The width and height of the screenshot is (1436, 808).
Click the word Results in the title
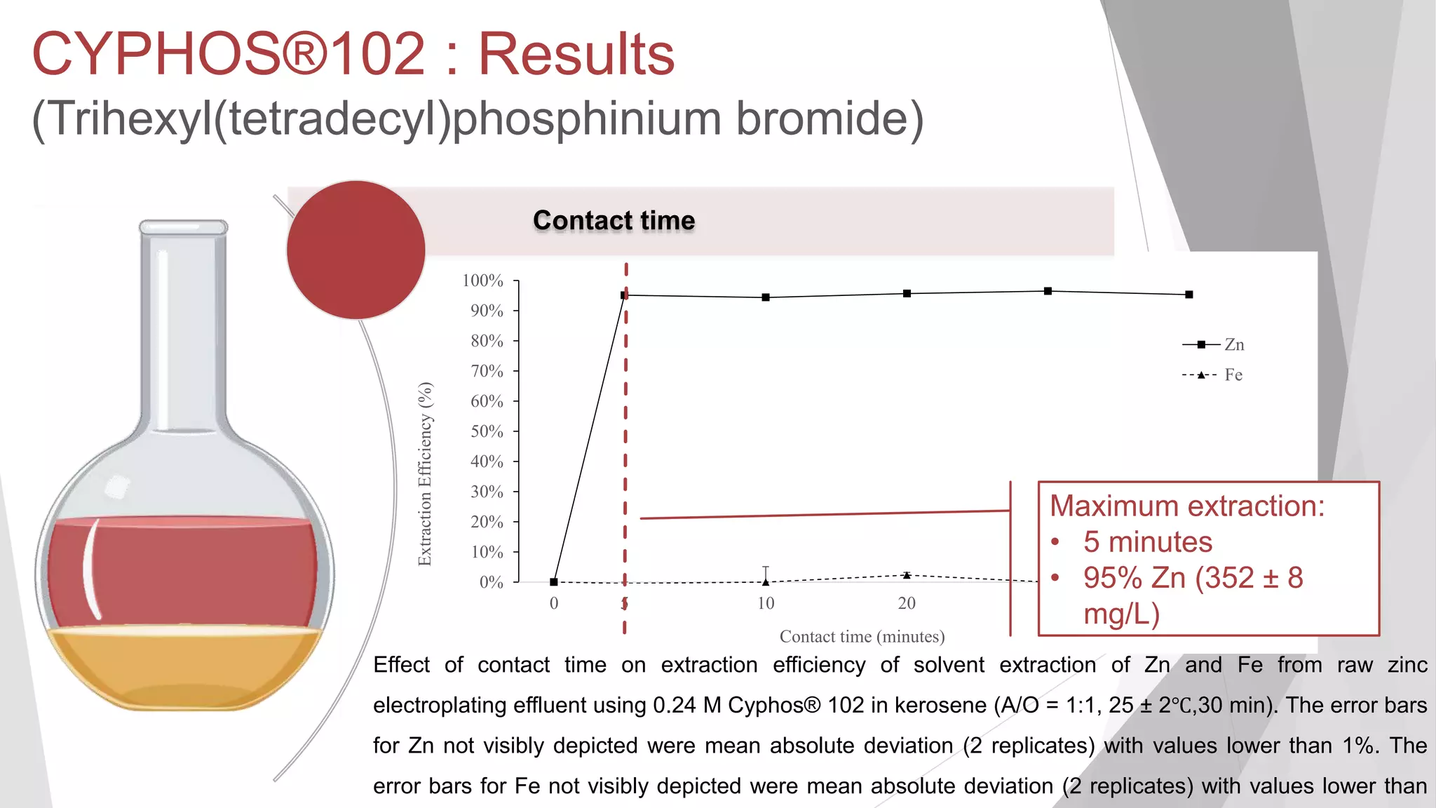(576, 55)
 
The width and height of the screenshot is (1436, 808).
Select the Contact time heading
(614, 220)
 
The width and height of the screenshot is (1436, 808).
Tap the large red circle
(356, 250)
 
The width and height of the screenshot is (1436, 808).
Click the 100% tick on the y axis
(482, 281)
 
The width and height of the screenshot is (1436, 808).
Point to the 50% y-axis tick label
(487, 431)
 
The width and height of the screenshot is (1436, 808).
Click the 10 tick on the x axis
(766, 603)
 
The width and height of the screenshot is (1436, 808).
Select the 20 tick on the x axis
(907, 603)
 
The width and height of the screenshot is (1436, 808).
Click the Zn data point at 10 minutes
(766, 297)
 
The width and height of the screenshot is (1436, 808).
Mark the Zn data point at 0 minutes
(554, 581)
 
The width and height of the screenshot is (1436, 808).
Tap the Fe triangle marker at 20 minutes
(907, 575)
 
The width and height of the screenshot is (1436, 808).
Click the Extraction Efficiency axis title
(425, 474)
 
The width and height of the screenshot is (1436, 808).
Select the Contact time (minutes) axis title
(862, 636)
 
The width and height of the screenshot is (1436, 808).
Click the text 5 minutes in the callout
(1147, 541)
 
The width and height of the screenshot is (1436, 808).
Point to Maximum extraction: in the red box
(1187, 506)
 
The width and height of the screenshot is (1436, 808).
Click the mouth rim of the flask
(184, 227)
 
